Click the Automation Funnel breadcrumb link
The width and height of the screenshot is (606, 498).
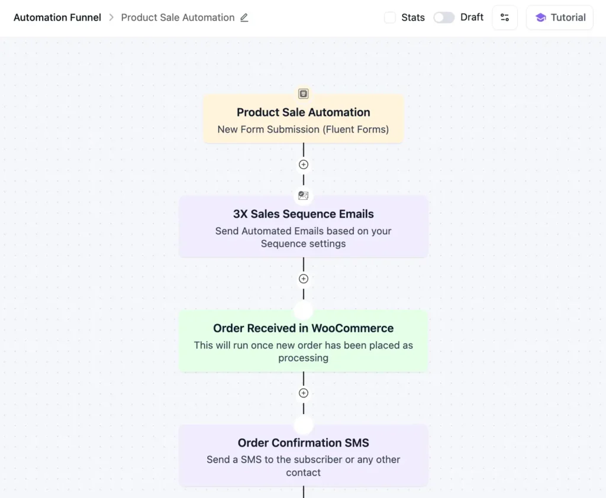(57, 18)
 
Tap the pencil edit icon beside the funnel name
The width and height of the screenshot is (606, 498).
(244, 18)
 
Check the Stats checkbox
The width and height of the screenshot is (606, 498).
(390, 18)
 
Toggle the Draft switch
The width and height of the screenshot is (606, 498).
(444, 18)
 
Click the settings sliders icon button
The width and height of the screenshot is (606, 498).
(505, 18)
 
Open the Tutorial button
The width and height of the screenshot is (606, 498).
(560, 18)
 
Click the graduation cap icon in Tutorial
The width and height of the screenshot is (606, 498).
(540, 18)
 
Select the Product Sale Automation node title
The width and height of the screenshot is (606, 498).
(304, 112)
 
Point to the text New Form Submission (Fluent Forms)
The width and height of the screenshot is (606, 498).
(303, 130)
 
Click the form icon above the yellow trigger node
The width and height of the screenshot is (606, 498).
(304, 93)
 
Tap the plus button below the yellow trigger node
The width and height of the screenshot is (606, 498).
(304, 164)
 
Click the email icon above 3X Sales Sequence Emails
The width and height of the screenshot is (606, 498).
(304, 196)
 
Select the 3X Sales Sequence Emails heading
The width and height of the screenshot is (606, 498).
(304, 214)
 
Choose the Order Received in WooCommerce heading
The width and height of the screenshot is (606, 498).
(304, 328)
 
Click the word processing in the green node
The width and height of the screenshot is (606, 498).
(304, 358)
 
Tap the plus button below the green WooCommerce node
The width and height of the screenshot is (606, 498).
(304, 393)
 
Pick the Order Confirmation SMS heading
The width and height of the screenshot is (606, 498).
(304, 443)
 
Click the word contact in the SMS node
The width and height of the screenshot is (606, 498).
(304, 473)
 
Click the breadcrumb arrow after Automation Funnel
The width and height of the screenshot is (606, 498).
(111, 18)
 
